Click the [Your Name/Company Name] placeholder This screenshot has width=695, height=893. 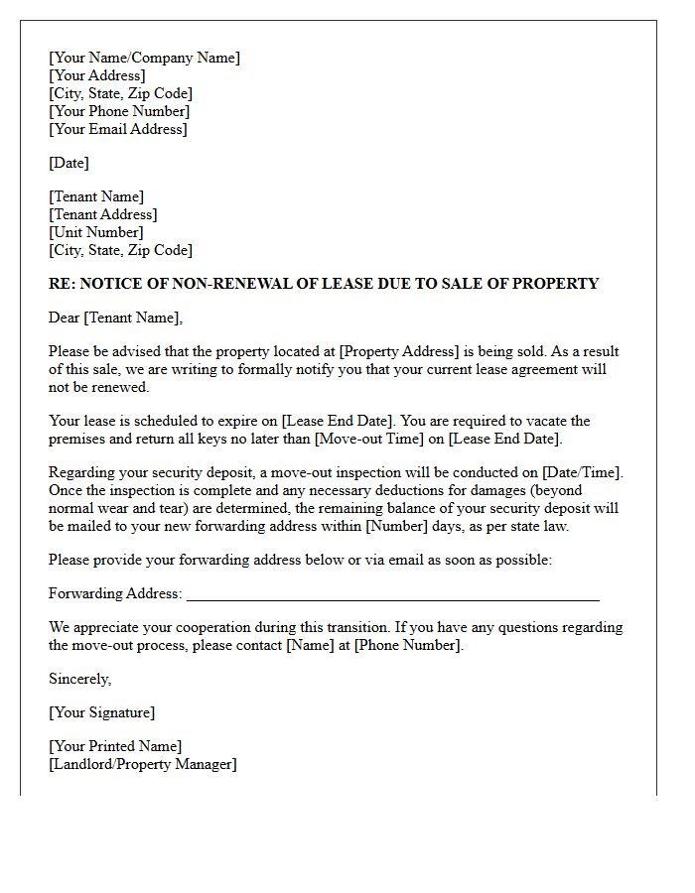point(144,58)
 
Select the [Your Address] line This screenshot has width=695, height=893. point(97,75)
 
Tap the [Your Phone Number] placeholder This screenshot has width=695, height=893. point(119,111)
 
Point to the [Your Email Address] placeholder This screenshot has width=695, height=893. point(118,129)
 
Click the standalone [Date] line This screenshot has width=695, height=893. point(69,163)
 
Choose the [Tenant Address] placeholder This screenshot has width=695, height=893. point(103,214)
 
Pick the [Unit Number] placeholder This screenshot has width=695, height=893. point(96,232)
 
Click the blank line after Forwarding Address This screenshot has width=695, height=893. point(392,594)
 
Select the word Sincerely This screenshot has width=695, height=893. point(80,679)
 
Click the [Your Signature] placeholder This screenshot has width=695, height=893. point(102,712)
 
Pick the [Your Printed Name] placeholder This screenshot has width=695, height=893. point(115,746)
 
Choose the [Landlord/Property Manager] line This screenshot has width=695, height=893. point(143,764)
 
